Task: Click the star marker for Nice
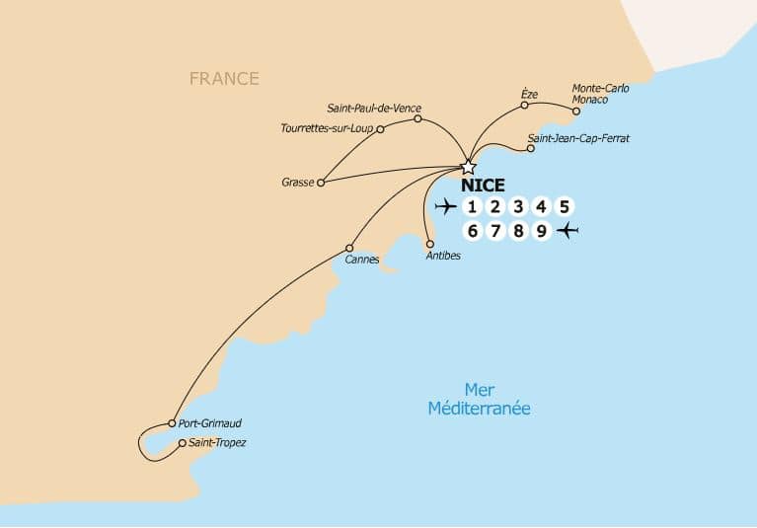pos(469,167)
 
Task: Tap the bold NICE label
pos(483,186)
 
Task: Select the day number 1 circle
pos(473,206)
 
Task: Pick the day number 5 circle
pos(564,206)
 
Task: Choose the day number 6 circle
pos(473,232)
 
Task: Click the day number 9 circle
pos(541,232)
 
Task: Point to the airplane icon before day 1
pos(446,206)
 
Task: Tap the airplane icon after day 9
pos(568,232)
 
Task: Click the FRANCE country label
pos(225,78)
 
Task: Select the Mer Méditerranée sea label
pos(479,399)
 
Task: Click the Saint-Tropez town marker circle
pos(182,443)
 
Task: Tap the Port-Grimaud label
pos(210,422)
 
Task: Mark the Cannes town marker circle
pos(349,248)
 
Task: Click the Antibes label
pos(442,256)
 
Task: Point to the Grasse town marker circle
pos(321,183)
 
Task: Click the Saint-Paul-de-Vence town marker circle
pos(417,118)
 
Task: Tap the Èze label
pos(529,94)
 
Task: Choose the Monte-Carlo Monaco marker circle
pos(576,111)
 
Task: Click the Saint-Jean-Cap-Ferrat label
pos(578,139)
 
